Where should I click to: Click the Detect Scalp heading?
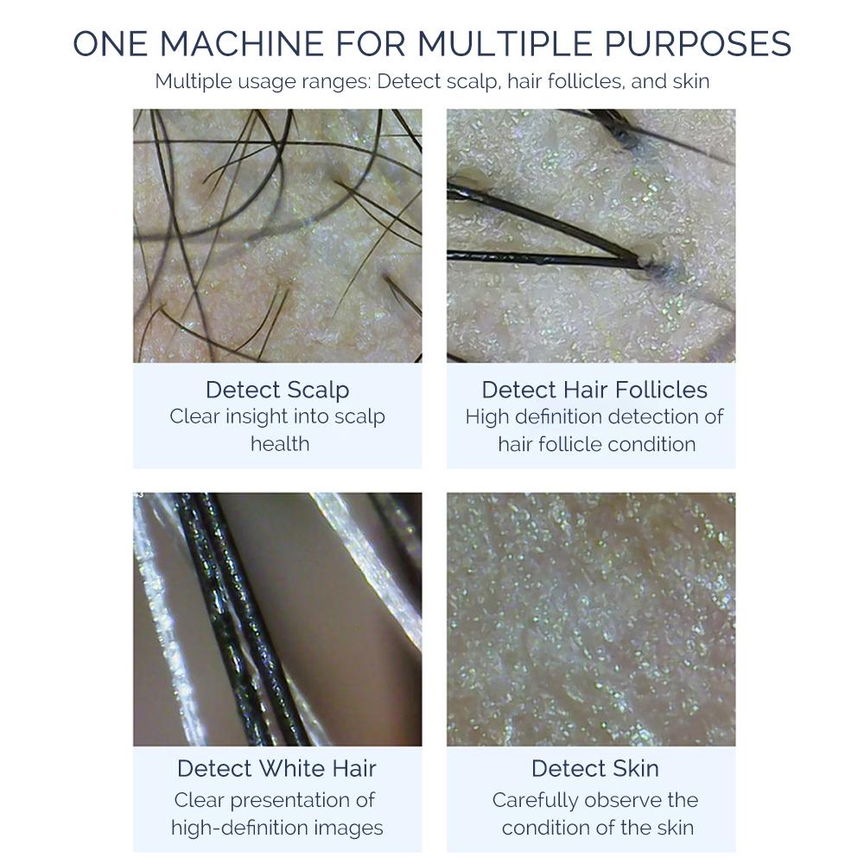[277, 389]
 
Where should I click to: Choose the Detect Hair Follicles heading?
[594, 389]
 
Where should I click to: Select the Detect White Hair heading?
[277, 768]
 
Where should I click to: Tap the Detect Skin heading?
[594, 768]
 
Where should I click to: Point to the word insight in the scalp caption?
[258, 416]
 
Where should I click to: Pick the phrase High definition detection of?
[594, 416]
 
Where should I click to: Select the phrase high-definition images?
[277, 828]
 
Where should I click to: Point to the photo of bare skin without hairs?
[591, 619]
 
